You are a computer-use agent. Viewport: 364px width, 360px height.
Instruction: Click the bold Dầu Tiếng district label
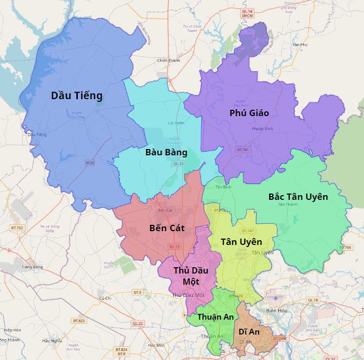pyautogui.click(x=76, y=95)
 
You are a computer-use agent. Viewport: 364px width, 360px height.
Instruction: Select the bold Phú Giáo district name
pyautogui.click(x=249, y=113)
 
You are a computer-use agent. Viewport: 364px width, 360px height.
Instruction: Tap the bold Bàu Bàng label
pyautogui.click(x=166, y=152)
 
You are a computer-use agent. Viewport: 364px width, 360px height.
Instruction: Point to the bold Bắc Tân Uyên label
pyautogui.click(x=298, y=197)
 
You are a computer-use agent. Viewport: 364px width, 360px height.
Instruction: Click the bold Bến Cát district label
pyautogui.click(x=167, y=228)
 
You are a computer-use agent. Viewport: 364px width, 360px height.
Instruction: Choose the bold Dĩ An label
pyautogui.click(x=249, y=331)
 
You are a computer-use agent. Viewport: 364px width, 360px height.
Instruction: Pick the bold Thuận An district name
pyautogui.click(x=215, y=317)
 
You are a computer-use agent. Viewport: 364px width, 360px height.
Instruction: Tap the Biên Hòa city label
pyautogui.click(x=276, y=310)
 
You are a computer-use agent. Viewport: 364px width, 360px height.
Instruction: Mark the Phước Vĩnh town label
pyautogui.click(x=262, y=129)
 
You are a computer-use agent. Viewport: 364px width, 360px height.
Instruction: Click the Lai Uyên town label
pyautogui.click(x=176, y=122)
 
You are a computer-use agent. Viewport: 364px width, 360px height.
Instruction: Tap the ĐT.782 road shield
pyautogui.click(x=17, y=227)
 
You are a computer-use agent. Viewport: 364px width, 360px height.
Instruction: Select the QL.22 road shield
pyautogui.click(x=138, y=323)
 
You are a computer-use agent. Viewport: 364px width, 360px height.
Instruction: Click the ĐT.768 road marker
pyautogui.click(x=345, y=248)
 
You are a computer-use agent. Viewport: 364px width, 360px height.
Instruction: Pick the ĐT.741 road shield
pyautogui.click(x=243, y=150)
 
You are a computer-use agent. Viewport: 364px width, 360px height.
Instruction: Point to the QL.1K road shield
pyautogui.click(x=313, y=300)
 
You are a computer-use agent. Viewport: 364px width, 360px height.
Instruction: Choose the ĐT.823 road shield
pyautogui.click(x=78, y=321)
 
